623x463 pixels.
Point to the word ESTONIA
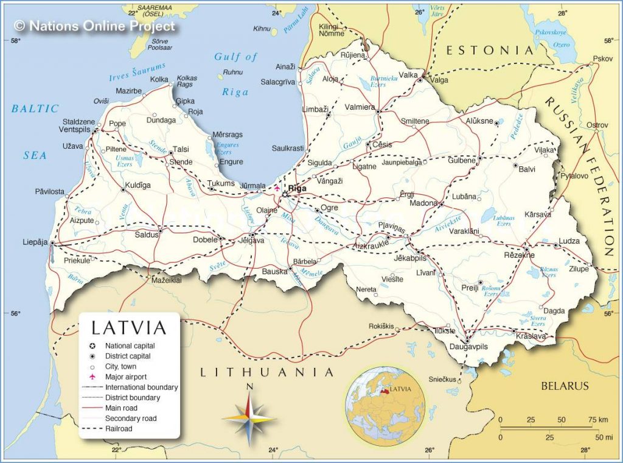490,51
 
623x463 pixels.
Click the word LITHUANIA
268,372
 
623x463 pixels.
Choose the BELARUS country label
565,386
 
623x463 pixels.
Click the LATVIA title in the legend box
128,328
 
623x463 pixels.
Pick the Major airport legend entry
125,377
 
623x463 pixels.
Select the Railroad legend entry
119,429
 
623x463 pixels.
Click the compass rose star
249,419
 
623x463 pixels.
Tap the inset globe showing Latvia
385,400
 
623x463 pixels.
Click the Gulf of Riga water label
235,74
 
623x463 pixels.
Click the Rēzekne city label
519,255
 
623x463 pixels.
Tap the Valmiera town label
360,107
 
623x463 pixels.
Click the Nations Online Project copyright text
94,26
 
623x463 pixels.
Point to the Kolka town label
159,79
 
